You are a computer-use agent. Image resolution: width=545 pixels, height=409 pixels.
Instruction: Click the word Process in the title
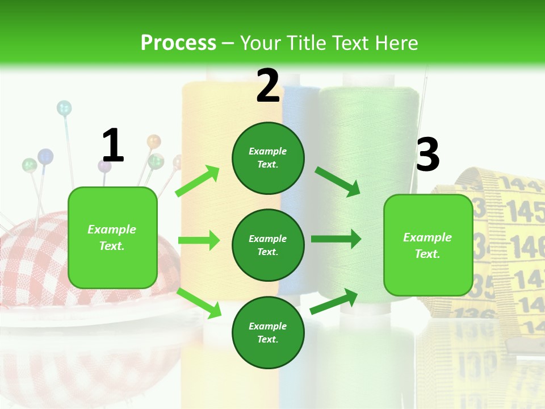click(x=178, y=43)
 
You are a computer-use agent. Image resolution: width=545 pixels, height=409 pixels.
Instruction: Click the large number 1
click(x=113, y=145)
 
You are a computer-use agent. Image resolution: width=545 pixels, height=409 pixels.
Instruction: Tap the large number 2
click(x=268, y=86)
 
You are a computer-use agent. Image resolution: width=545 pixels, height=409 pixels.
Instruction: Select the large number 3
click(x=427, y=155)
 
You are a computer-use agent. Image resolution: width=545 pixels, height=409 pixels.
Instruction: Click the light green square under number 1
click(x=112, y=237)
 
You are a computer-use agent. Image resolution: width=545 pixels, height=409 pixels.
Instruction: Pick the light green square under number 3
click(x=428, y=245)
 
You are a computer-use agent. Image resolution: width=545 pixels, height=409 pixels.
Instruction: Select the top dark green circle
click(x=268, y=158)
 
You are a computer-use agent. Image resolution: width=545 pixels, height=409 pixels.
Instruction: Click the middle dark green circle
click(x=268, y=245)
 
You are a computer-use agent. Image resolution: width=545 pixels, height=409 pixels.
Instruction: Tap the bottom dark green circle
click(x=268, y=332)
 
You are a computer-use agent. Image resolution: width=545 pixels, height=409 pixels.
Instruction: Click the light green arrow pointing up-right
click(x=198, y=181)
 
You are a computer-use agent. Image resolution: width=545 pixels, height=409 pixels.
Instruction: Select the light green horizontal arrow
click(x=199, y=240)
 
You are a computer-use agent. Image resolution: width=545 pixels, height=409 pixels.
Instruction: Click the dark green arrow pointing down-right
click(x=338, y=181)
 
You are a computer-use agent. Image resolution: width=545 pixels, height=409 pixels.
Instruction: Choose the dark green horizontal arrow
click(x=336, y=239)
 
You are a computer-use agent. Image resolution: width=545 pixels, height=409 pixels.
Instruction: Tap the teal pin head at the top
click(x=64, y=107)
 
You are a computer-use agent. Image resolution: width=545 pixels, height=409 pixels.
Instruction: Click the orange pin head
click(x=154, y=141)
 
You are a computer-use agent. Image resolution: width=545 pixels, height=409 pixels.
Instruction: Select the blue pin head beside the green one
click(x=45, y=156)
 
